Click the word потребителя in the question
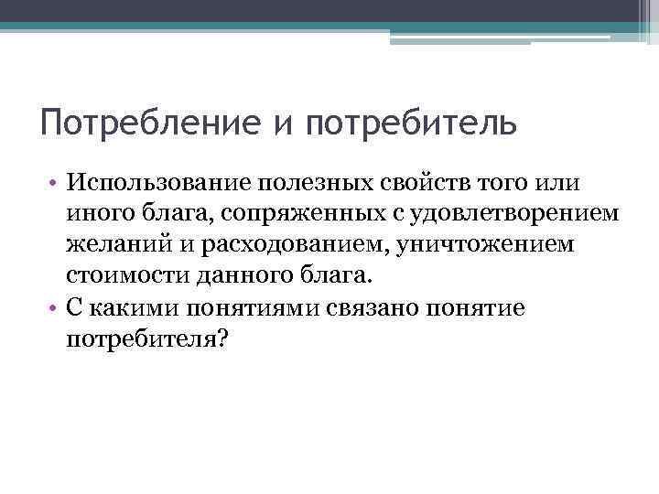tap(142, 339)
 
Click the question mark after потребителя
tap(225, 339)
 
